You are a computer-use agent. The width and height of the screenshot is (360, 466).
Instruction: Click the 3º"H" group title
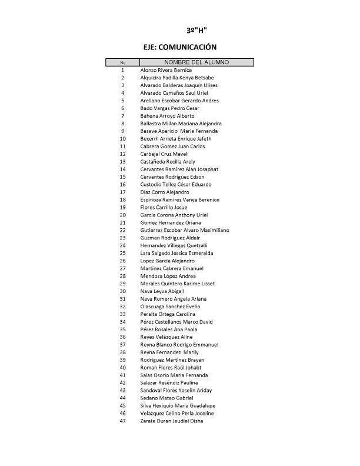click(196, 30)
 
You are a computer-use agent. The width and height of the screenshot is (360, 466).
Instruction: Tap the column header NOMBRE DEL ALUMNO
click(196, 62)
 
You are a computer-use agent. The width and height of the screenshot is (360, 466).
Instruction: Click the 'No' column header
click(122, 62)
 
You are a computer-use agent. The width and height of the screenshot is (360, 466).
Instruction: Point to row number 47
click(122, 421)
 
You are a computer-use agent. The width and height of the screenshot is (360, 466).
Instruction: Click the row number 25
click(122, 253)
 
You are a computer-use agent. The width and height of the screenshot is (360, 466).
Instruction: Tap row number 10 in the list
click(122, 139)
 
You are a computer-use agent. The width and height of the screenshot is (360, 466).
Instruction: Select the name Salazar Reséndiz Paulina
click(168, 383)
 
